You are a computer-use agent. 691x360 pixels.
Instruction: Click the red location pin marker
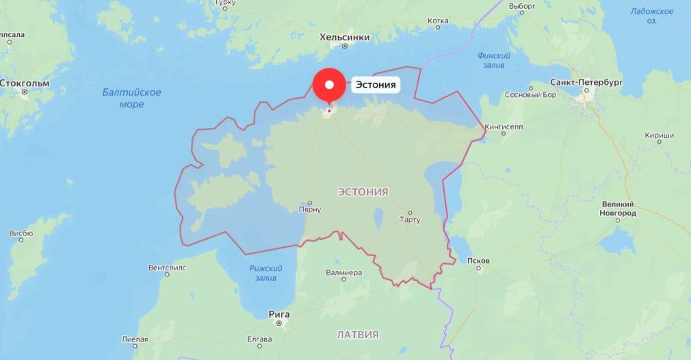329,85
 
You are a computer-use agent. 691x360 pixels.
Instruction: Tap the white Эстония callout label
376,86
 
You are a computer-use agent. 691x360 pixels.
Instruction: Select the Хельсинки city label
345,38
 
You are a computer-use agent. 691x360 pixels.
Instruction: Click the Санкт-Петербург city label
586,82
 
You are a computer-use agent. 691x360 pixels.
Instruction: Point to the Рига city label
279,314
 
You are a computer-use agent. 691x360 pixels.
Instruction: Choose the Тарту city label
410,220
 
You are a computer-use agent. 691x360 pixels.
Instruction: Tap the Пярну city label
310,210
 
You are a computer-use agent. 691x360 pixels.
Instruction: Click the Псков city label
477,261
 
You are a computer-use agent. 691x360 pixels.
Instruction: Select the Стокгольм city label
25,83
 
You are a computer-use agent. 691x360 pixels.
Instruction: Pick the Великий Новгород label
618,209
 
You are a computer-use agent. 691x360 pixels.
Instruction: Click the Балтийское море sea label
131,98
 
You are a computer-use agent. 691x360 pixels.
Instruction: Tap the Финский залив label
494,60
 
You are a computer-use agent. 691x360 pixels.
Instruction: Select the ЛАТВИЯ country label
358,335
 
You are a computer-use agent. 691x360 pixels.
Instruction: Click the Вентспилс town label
167,267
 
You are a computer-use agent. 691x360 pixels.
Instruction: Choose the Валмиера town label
343,272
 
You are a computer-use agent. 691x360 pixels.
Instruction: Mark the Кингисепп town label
504,127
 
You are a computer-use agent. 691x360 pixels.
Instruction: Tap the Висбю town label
21,233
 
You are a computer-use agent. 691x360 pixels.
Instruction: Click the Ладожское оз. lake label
652,16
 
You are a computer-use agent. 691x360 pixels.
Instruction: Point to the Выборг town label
522,5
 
